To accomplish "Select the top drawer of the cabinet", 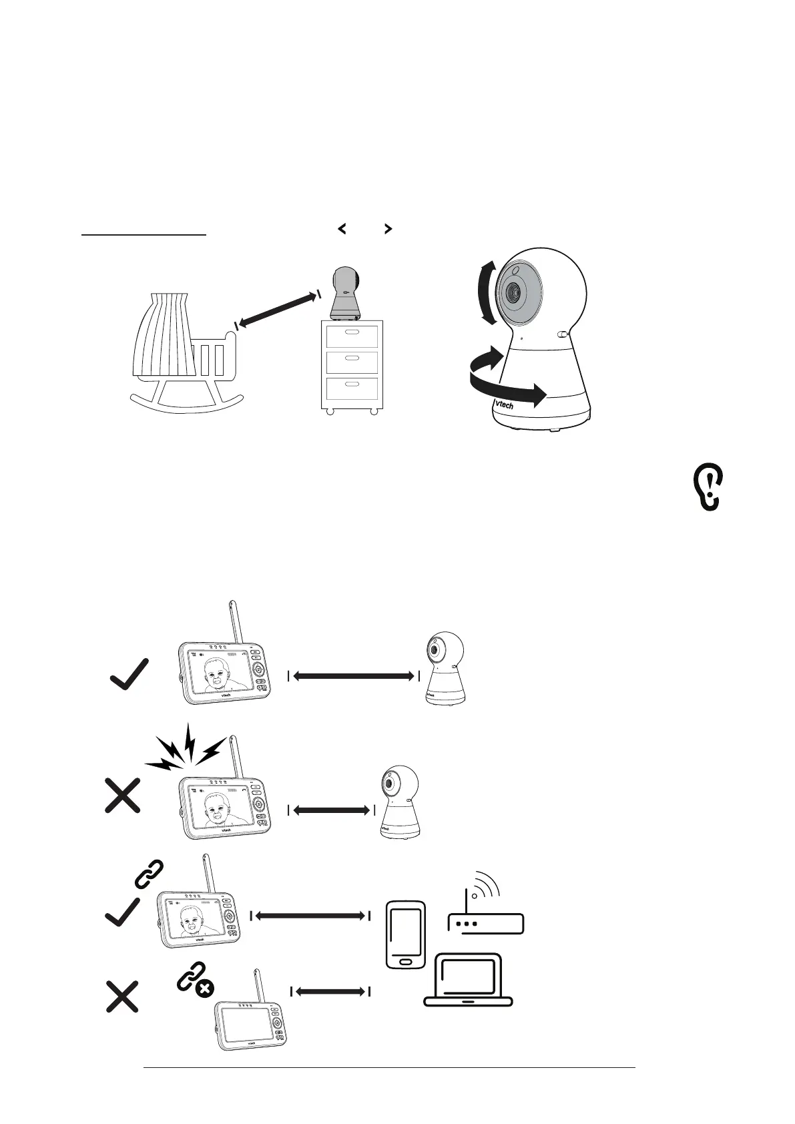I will tap(351, 336).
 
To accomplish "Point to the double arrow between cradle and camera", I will tap(276, 308).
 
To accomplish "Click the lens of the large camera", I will tap(515, 292).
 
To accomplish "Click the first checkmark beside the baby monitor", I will tap(129, 674).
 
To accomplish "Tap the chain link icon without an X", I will tap(149, 874).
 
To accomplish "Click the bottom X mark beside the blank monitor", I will tap(123, 997).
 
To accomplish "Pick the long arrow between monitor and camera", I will tap(353, 676).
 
